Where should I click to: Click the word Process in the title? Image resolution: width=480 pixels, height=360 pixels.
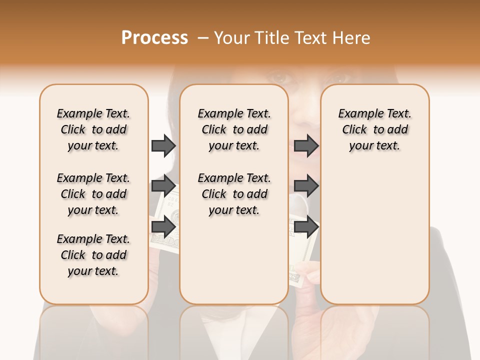coord(154,38)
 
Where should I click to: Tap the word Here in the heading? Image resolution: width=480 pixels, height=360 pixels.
coord(351,38)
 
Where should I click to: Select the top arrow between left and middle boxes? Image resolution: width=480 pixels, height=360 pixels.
coord(163,145)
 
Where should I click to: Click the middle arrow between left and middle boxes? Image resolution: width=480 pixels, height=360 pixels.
coord(163,186)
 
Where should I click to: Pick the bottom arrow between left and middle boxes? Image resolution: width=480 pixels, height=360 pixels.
coord(163,227)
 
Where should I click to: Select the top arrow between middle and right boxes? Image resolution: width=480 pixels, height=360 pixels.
coord(306,145)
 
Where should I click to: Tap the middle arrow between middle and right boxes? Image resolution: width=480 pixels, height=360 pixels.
coord(306,186)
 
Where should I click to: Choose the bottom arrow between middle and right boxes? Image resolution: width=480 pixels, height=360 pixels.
coord(306,227)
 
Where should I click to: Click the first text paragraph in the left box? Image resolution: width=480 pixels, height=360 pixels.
coord(93,129)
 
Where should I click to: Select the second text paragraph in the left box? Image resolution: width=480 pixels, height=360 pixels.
coord(93,194)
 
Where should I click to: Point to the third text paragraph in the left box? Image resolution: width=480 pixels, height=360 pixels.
coord(93,255)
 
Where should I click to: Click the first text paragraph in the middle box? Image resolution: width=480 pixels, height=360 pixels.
coord(234,129)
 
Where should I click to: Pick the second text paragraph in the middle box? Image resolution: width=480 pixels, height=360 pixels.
coord(234,194)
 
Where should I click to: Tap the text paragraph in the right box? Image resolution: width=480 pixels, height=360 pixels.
coord(374,129)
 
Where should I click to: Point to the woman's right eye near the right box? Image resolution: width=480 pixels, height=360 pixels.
coord(340,79)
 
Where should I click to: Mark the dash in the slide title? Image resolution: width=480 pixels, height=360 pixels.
coord(202,38)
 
